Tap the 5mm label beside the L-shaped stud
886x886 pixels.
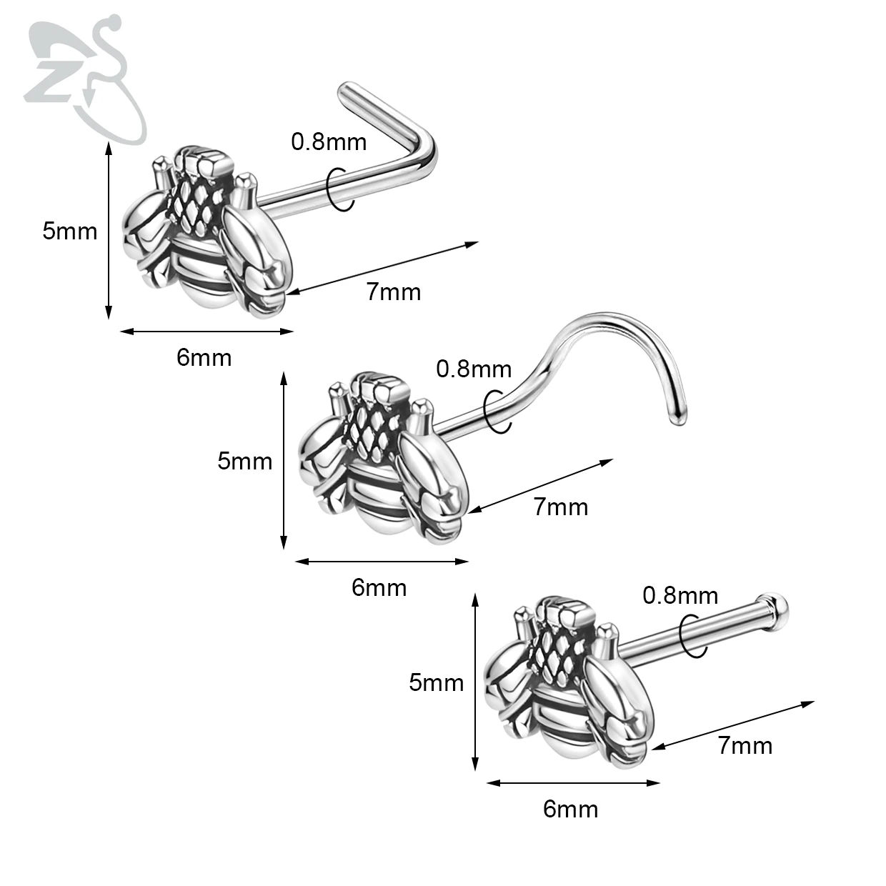tap(69, 232)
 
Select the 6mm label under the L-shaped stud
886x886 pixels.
tap(204, 357)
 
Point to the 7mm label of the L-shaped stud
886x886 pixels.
tap(394, 292)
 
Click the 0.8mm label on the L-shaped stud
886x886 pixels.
tap(329, 141)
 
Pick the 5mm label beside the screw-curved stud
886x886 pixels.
tap(244, 461)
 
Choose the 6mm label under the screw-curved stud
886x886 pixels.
tap(379, 587)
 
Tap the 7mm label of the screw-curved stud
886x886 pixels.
tap(561, 507)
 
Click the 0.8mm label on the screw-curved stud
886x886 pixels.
tap(474, 369)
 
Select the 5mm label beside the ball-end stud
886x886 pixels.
tap(436, 682)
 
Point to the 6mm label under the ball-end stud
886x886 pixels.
tap(570, 809)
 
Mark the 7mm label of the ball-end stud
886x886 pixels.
tap(745, 745)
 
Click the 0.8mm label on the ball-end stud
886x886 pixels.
tap(680, 595)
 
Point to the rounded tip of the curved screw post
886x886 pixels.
tap(676, 418)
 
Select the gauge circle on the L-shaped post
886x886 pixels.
tap(339, 189)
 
